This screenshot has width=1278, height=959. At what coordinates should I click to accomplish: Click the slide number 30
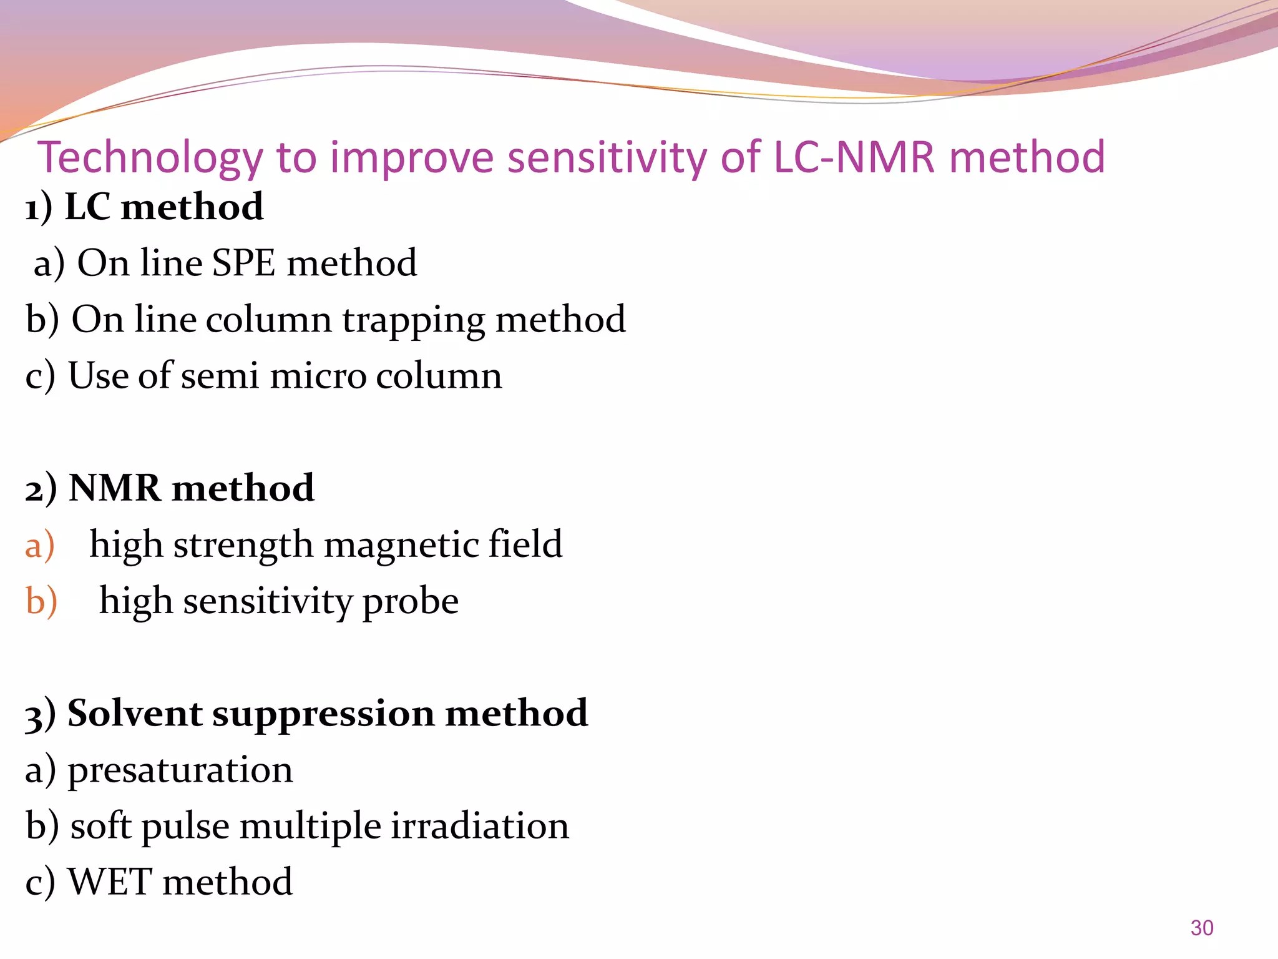(1201, 928)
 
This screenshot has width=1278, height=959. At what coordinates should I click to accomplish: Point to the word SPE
(243, 263)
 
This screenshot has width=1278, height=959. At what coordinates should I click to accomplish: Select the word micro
(318, 376)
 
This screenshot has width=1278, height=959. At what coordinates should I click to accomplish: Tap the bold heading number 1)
(38, 207)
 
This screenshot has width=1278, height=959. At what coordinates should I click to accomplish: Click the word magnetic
(400, 545)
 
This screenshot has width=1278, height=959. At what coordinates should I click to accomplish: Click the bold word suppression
(323, 714)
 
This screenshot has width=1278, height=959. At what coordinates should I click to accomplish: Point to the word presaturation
(180, 770)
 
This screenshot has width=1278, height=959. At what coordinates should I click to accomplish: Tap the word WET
(110, 882)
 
